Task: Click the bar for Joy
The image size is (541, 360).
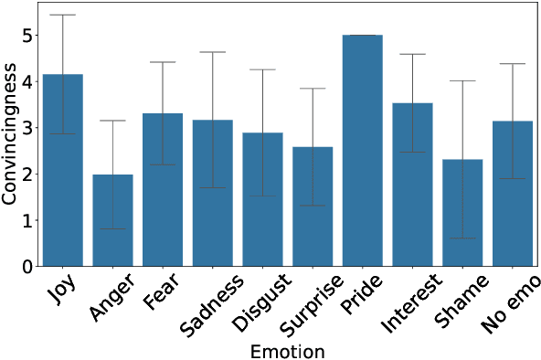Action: click(x=63, y=174)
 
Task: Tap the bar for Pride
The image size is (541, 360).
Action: click(x=361, y=151)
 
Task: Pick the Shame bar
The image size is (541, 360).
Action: click(x=461, y=214)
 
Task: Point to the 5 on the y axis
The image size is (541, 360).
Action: click(x=28, y=36)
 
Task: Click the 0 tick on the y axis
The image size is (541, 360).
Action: click(x=28, y=267)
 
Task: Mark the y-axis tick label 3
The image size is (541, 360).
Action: click(x=28, y=128)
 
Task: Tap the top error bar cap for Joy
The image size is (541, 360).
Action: click(x=63, y=15)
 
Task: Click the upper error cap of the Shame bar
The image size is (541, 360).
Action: click(x=461, y=81)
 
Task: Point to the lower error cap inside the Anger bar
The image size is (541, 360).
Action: click(x=112, y=228)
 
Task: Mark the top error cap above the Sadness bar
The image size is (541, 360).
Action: click(x=212, y=52)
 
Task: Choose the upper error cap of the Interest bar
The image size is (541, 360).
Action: click(x=411, y=54)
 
